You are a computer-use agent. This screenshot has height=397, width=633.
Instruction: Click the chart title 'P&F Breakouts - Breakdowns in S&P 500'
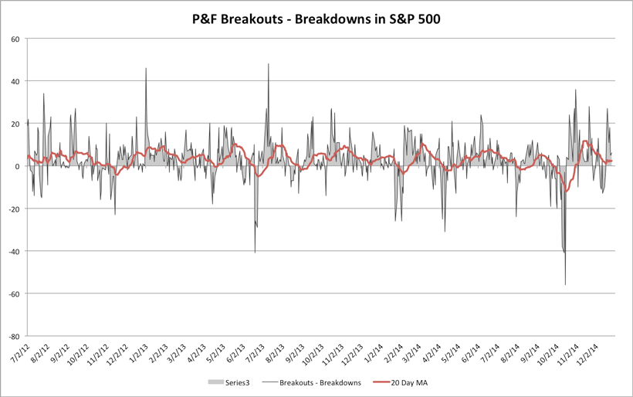[x=316, y=19]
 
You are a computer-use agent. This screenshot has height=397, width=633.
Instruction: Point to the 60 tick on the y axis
[x=15, y=39]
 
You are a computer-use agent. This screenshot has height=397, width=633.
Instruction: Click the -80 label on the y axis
[x=13, y=336]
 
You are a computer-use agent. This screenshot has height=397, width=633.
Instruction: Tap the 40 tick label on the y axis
[x=15, y=81]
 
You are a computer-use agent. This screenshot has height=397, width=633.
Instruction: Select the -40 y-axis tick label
[x=13, y=251]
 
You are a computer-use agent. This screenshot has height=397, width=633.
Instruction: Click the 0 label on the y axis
[x=17, y=166]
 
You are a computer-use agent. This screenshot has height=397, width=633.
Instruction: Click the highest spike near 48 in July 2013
[x=269, y=64]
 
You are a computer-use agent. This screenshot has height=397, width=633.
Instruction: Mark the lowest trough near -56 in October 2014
[x=565, y=284]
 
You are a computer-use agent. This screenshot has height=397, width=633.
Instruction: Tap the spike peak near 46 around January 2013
[x=146, y=68]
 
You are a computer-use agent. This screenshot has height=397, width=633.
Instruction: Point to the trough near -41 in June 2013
[x=255, y=253]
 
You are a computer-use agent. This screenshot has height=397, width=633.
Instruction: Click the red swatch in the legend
[x=381, y=382]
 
